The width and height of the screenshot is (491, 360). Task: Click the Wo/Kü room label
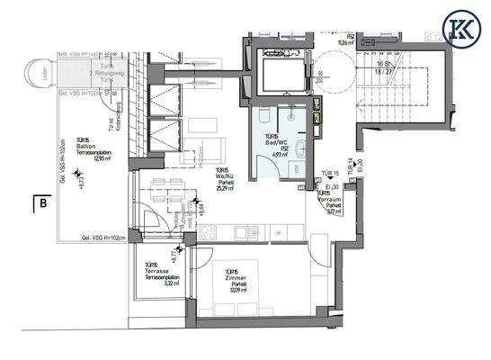click(223, 176)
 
